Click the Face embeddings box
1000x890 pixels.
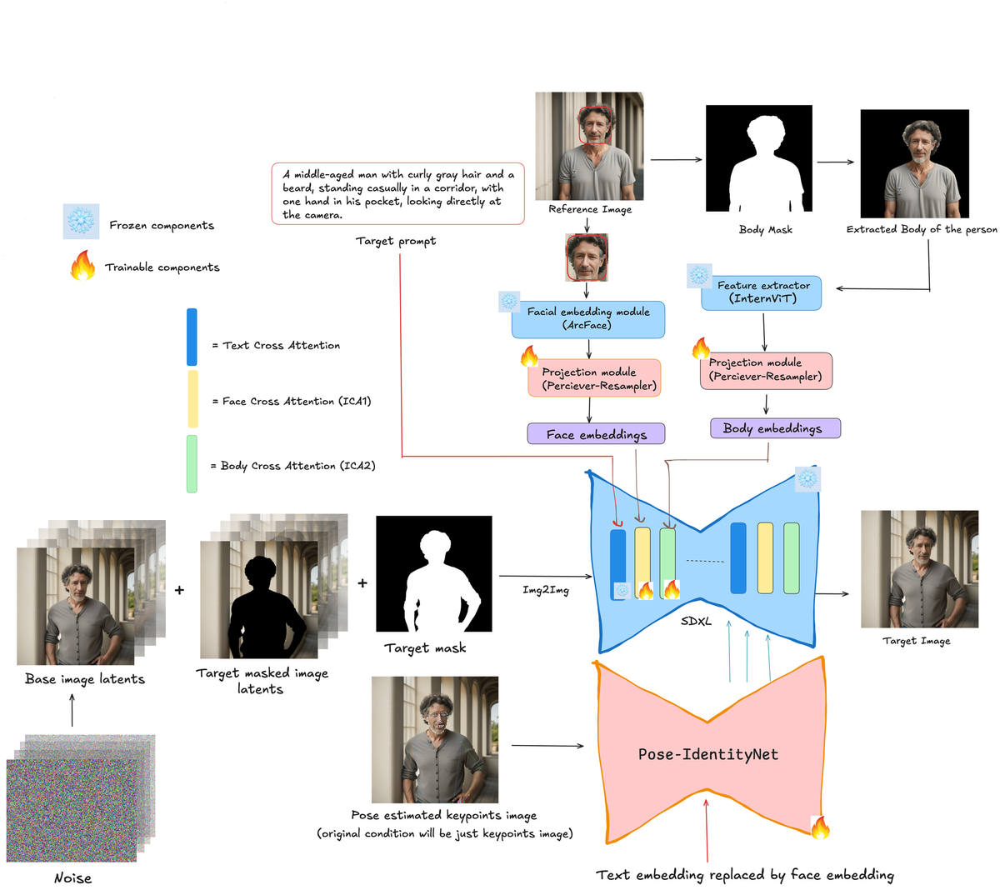pos(596,434)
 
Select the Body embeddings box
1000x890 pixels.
pos(775,428)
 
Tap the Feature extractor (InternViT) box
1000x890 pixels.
pos(762,292)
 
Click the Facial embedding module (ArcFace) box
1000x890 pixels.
pos(588,319)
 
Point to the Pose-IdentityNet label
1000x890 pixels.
pos(707,754)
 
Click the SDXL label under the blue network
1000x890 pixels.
pos(696,621)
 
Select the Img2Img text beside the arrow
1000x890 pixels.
pos(546,590)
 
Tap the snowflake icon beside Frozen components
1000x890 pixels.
pos(81,222)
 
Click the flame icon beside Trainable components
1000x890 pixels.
pos(82,266)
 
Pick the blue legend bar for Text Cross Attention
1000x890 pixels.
pos(192,337)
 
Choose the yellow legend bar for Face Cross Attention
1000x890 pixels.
pos(192,399)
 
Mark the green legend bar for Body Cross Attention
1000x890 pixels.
pos(192,464)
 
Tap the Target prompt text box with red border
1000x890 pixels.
pos(397,193)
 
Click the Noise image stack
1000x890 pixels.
pos(79,800)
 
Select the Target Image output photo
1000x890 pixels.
pos(919,569)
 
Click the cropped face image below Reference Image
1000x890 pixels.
pos(587,257)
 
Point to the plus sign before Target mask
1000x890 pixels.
pos(362,583)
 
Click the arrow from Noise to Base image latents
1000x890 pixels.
pos(72,710)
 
